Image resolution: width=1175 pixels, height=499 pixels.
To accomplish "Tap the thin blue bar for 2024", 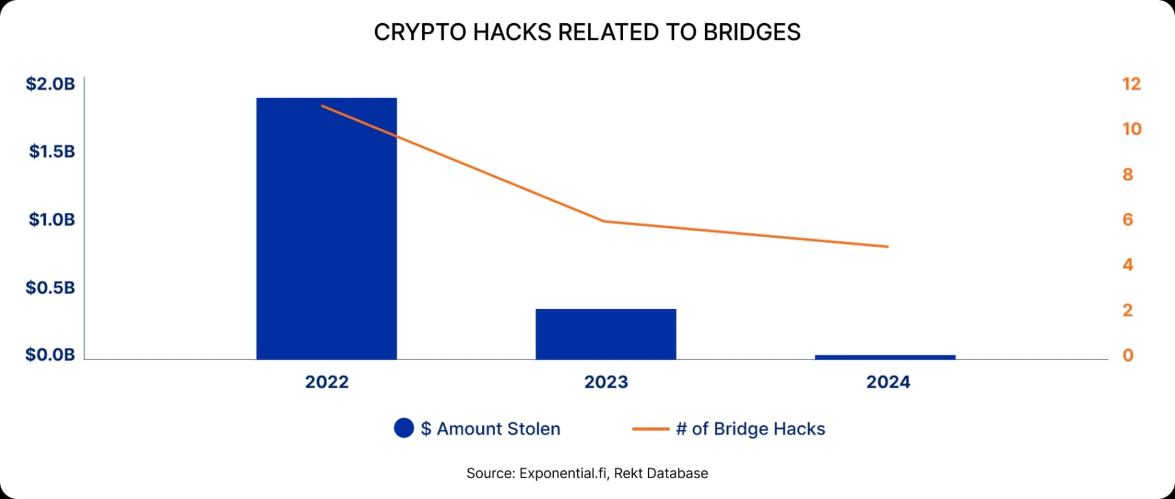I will click(885, 357).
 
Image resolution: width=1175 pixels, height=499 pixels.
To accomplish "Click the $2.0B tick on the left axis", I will click(50, 84).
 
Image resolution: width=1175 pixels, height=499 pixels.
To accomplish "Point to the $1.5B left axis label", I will click(52, 151).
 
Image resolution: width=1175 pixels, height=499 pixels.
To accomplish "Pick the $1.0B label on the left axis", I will click(52, 219).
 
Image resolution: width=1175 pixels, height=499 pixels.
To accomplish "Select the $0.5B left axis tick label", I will click(50, 287).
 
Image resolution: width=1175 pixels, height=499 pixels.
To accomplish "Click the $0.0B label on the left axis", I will click(50, 355).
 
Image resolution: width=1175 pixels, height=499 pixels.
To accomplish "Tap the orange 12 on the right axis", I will click(1132, 84).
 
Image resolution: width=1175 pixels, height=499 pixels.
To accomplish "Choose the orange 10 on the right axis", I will click(1132, 129).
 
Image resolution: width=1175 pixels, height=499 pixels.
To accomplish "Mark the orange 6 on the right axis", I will click(1127, 219).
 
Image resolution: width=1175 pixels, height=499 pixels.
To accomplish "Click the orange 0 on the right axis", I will click(1127, 355).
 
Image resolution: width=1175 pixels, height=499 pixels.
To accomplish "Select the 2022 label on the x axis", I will click(327, 382).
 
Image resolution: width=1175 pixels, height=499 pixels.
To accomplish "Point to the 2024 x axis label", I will click(888, 382).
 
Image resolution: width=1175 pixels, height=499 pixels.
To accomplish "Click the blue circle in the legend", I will click(404, 428).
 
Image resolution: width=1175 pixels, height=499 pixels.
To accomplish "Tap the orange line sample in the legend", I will click(650, 429).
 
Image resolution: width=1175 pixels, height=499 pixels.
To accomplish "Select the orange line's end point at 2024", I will click(887, 247).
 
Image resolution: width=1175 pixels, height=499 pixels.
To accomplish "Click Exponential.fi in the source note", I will click(562, 473).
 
